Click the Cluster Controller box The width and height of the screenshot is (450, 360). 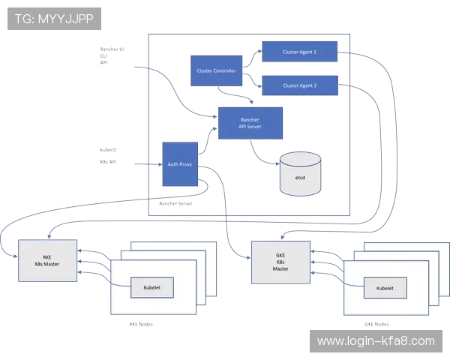tap(216, 71)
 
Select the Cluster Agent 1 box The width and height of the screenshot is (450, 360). tap(299, 52)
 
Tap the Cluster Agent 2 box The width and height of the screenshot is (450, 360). tap(299, 86)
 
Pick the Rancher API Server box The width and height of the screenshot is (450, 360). tap(250, 122)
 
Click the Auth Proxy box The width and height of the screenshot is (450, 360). tap(178, 163)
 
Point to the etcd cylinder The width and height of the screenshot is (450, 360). tap(299, 173)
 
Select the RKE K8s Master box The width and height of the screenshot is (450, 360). tap(46, 260)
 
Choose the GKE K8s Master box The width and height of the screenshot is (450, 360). tap(280, 262)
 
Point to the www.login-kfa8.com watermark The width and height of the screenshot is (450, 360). tap(375, 341)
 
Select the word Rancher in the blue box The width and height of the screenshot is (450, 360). tap(250, 118)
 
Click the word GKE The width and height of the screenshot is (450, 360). tap(280, 256)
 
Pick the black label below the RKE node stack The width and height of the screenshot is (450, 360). tap(141, 324)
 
